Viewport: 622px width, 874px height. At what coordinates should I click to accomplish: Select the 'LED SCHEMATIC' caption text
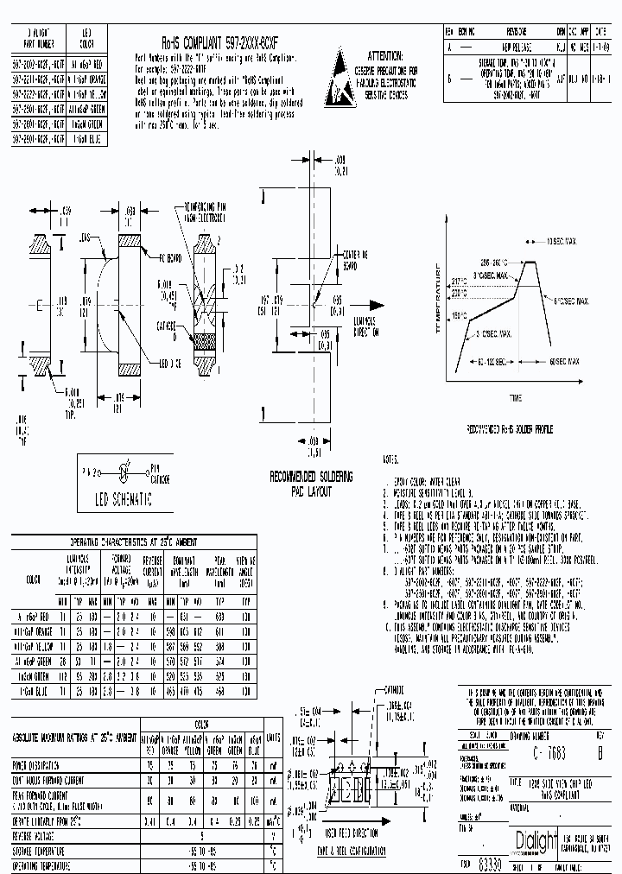click(x=124, y=499)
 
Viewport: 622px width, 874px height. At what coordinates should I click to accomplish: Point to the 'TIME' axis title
click(x=515, y=398)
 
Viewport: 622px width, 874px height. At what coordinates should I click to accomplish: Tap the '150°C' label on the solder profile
click(x=458, y=316)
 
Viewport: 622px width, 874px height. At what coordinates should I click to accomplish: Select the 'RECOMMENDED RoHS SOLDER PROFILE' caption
click(x=510, y=428)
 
